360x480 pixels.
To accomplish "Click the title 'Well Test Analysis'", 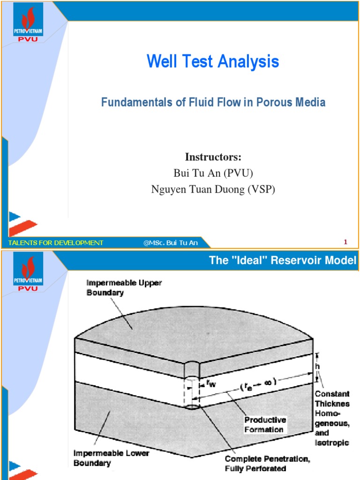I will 213,61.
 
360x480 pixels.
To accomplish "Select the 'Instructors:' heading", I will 213,157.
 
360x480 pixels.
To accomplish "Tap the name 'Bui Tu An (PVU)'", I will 213,172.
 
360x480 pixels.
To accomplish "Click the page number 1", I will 345,242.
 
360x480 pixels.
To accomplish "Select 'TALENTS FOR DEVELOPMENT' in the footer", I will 55,242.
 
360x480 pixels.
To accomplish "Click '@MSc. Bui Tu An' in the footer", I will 171,242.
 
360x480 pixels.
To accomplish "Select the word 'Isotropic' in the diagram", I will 332,442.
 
